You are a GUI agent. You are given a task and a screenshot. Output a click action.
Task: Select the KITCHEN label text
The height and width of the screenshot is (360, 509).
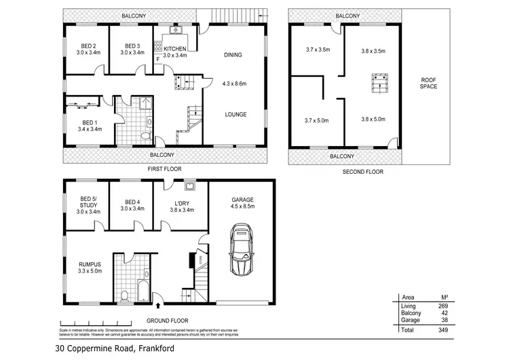175,49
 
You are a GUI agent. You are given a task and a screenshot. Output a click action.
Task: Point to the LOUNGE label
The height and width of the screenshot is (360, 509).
235,114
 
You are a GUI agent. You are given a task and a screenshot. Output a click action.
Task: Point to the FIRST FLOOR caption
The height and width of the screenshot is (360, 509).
165,168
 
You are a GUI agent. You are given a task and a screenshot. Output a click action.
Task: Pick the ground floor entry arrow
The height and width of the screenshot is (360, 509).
157,306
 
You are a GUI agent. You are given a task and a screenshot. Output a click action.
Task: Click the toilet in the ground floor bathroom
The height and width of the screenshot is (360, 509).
124,295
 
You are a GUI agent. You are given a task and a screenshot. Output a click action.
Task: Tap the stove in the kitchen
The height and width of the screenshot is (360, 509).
159,48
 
